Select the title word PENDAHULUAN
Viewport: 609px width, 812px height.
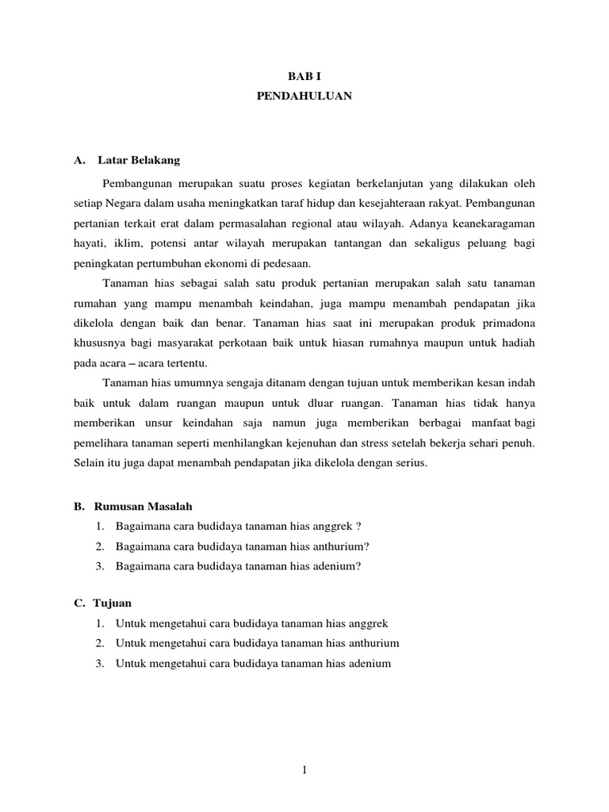tap(304, 96)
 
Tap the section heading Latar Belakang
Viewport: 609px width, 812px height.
tap(139, 160)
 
